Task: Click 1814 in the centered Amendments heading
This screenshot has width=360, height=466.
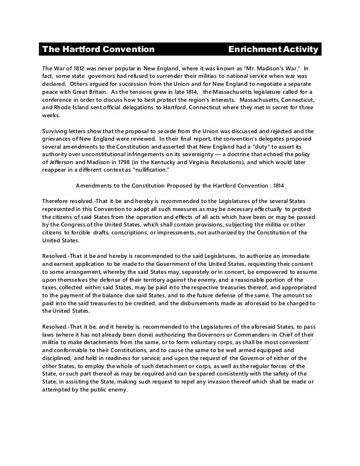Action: pos(280,184)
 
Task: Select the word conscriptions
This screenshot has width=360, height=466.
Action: pos(143,232)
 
